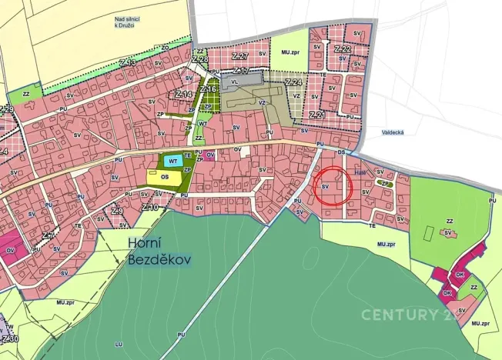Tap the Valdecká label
pyautogui.click(x=393, y=132)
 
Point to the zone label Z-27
pyautogui.click(x=239, y=57)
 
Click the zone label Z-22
pyautogui.click(x=343, y=48)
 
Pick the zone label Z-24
pyautogui.click(x=293, y=82)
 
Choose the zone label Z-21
pyautogui.click(x=317, y=115)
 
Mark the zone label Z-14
pyautogui.click(x=183, y=94)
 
